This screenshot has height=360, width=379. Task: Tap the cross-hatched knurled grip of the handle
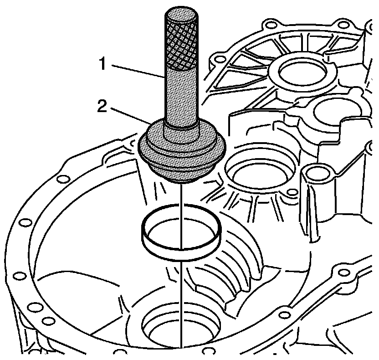[181, 41]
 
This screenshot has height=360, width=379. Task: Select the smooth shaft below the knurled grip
[181, 96]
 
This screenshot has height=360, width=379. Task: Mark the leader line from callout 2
[132, 117]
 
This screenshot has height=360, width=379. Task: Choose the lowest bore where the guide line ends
[181, 324]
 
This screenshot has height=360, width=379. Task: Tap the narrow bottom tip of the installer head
[181, 181]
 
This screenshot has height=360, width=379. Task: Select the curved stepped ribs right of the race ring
[241, 269]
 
